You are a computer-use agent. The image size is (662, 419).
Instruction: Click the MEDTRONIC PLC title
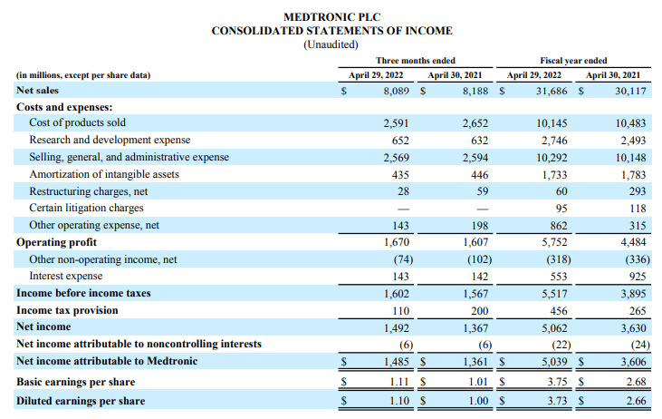click(331, 15)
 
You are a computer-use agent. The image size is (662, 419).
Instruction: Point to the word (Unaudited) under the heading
click(331, 44)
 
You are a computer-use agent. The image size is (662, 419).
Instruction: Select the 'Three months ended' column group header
click(416, 60)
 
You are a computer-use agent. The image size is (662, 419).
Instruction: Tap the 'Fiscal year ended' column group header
click(573, 60)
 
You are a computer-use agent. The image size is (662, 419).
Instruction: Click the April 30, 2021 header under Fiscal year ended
click(616, 74)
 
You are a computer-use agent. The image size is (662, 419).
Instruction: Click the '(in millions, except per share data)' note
click(83, 74)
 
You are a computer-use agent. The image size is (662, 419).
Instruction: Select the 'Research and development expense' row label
click(110, 140)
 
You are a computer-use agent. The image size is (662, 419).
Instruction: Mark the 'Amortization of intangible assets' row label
click(104, 174)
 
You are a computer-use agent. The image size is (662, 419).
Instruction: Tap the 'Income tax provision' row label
click(67, 310)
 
